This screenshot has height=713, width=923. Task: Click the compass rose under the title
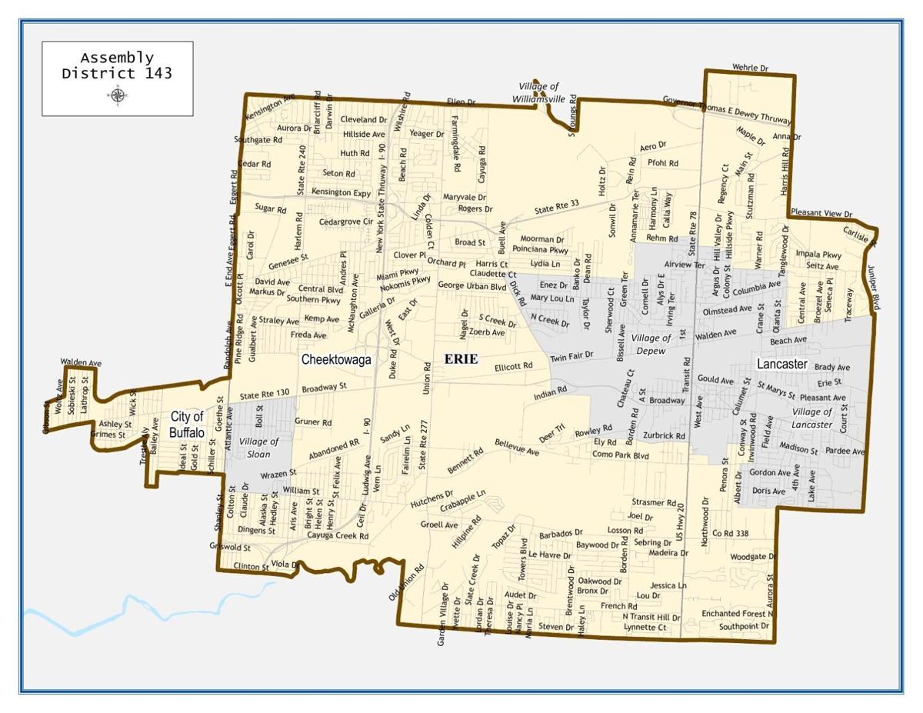[118, 95]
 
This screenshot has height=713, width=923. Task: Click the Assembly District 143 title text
[117, 66]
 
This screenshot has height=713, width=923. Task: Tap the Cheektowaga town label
[336, 359]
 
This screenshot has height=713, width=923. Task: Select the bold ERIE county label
[461, 358]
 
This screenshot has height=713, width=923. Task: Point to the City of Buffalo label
[187, 425]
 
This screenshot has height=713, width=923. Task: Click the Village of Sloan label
[259, 448]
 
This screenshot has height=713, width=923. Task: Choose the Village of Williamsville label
[538, 92]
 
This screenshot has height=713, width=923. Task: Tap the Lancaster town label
[781, 364]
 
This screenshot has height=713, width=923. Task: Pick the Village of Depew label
[651, 344]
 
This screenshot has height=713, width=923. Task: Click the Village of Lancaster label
[811, 418]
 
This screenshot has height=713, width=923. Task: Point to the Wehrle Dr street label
[750, 68]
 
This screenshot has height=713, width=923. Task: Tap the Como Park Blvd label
[621, 455]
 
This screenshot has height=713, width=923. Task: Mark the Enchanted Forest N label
[737, 614]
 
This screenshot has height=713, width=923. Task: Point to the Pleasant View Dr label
[821, 214]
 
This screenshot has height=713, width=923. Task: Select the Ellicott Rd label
[513, 367]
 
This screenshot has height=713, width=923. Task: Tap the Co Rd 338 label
[730, 532]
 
